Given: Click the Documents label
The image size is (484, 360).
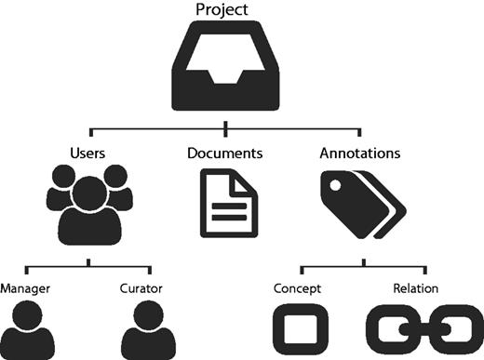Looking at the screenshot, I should tap(225, 151).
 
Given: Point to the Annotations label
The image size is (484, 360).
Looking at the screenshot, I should tap(362, 151).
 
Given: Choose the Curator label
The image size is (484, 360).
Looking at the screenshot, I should tap(141, 288).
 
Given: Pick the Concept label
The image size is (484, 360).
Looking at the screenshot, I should tap(296, 288).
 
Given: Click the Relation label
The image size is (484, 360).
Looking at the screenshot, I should tap(416, 288).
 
